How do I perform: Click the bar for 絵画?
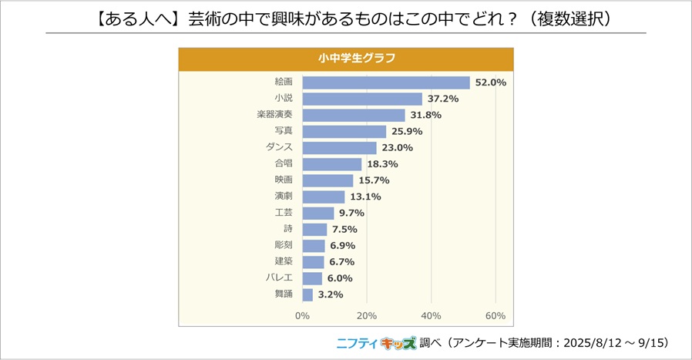(385, 82)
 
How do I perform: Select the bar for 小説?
(362, 99)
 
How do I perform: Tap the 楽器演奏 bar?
(354, 116)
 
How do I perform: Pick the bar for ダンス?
(339, 148)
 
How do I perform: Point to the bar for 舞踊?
(307, 294)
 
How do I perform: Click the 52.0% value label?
(491, 82)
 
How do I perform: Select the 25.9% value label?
(406, 132)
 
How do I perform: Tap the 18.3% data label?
(382, 164)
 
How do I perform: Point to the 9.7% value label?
(352, 213)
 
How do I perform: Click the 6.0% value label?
(340, 278)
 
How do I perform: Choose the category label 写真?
(284, 132)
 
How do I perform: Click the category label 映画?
(284, 180)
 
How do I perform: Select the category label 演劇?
(284, 197)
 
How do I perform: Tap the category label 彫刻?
(284, 245)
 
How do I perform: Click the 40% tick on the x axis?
(431, 316)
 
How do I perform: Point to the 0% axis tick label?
(302, 316)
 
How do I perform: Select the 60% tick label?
(495, 316)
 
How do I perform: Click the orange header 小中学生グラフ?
(346, 59)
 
